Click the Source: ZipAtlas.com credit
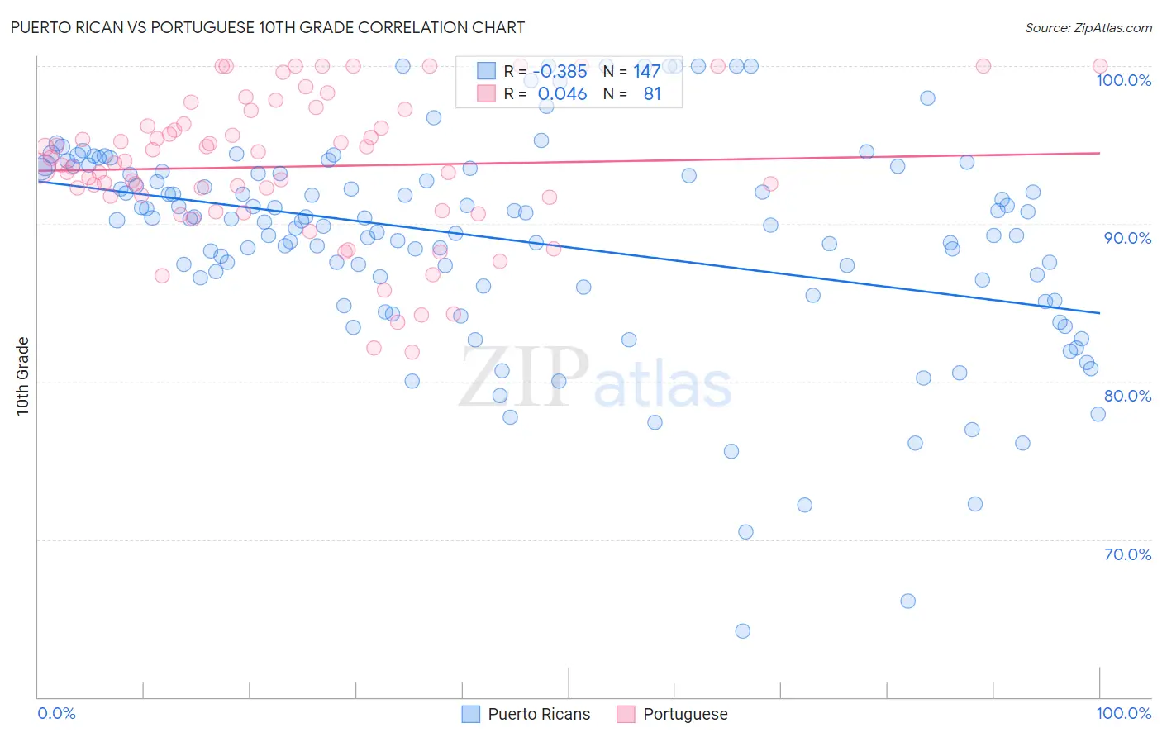[1088, 27]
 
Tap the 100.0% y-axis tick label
[1123, 80]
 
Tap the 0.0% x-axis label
[56, 713]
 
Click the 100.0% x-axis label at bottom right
[1123, 713]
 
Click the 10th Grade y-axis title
[22, 376]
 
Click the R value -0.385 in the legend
[562, 72]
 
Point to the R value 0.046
[562, 94]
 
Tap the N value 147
[646, 72]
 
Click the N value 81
[652, 94]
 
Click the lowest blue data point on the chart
[742, 631]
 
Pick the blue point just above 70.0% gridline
[745, 532]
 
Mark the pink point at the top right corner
[1100, 66]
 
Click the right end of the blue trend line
[1099, 313]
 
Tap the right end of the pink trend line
[1099, 153]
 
